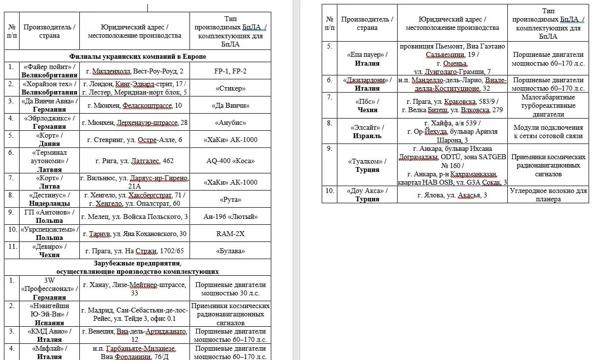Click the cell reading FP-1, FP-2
click(230, 71)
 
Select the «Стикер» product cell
click(230, 88)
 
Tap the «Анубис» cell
click(230, 122)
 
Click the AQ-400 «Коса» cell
click(230, 161)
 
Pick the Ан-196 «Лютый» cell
click(230, 216)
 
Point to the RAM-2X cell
click(230, 234)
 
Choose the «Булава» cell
click(230, 251)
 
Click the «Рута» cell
click(230, 199)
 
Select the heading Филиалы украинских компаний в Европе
click(138, 56)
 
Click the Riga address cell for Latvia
click(134, 161)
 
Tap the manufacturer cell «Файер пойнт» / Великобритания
click(49, 71)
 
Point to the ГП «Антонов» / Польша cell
click(49, 216)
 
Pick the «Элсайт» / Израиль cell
click(367, 131)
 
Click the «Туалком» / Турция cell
click(367, 165)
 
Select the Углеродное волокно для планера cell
click(547, 194)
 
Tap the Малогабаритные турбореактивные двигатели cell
click(547, 105)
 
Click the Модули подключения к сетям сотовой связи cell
click(547, 131)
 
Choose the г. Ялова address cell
click(452, 195)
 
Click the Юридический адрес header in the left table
click(134, 31)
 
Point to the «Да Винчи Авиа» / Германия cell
click(49, 105)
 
